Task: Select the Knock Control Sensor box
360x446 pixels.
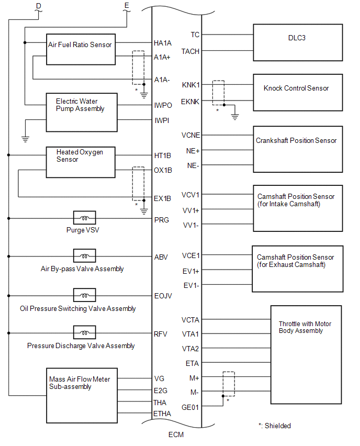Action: click(297, 92)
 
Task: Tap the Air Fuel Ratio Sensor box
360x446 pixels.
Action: click(81, 50)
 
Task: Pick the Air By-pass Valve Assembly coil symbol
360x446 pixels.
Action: click(84, 256)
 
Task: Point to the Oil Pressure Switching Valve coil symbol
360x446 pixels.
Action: click(84, 295)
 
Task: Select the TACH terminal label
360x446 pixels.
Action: click(190, 51)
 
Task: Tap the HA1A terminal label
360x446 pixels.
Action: click(163, 43)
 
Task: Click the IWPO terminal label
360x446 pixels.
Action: click(163, 105)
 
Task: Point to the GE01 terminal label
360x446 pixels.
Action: click(190, 406)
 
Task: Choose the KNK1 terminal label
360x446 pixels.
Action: click(190, 85)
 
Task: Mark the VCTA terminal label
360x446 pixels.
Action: click(190, 320)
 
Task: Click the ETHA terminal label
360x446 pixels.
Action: click(163, 414)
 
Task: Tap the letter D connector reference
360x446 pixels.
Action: click(38, 5)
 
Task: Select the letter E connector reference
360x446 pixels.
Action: click(126, 5)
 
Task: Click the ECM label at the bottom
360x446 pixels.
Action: click(176, 434)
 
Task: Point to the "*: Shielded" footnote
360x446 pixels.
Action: click(275, 426)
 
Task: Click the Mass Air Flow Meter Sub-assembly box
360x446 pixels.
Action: click(80, 395)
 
